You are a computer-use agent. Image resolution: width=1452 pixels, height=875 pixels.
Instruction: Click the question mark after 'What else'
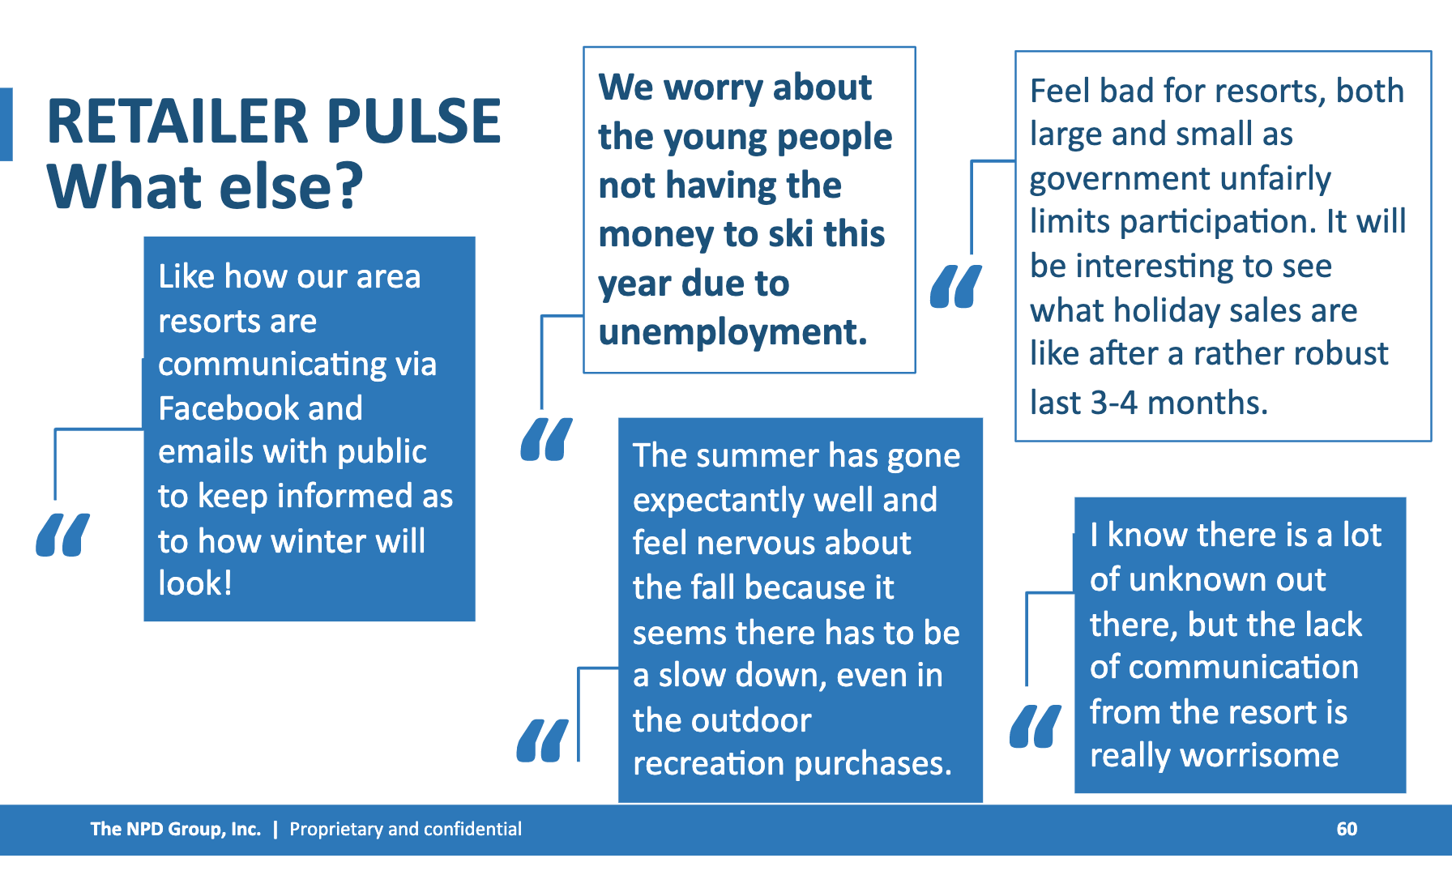(348, 186)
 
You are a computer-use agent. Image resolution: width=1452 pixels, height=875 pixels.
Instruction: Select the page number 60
(1347, 829)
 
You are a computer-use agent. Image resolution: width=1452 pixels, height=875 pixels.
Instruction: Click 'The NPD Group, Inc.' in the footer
(175, 829)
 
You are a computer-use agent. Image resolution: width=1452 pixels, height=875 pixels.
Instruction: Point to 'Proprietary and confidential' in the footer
(405, 829)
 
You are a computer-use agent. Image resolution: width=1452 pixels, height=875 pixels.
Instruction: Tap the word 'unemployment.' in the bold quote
(732, 332)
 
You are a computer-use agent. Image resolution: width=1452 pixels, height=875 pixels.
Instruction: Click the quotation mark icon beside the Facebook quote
(62, 535)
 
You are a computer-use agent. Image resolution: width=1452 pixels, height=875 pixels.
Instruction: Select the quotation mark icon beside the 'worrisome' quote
(1035, 726)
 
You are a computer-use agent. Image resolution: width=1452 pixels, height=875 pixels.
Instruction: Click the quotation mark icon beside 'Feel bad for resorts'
(956, 286)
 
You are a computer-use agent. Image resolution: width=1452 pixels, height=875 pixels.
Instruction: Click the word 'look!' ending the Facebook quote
(195, 583)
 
